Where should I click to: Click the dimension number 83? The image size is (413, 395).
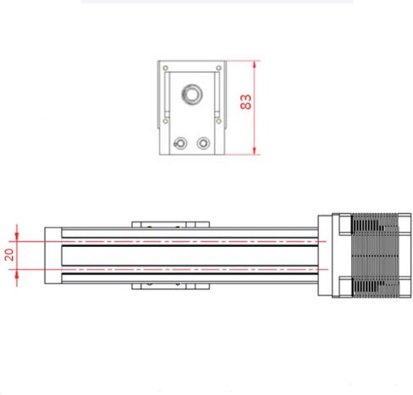[x=246, y=101]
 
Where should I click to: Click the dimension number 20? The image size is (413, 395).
[x=9, y=255]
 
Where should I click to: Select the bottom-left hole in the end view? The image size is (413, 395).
[x=179, y=142]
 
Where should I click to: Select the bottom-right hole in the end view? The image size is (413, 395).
[x=203, y=142]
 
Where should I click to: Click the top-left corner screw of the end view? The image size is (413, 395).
[x=167, y=68]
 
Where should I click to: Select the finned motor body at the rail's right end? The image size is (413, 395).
[x=372, y=255]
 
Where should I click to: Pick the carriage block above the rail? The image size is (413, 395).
[x=169, y=223]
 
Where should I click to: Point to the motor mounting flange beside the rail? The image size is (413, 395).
[x=327, y=255]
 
